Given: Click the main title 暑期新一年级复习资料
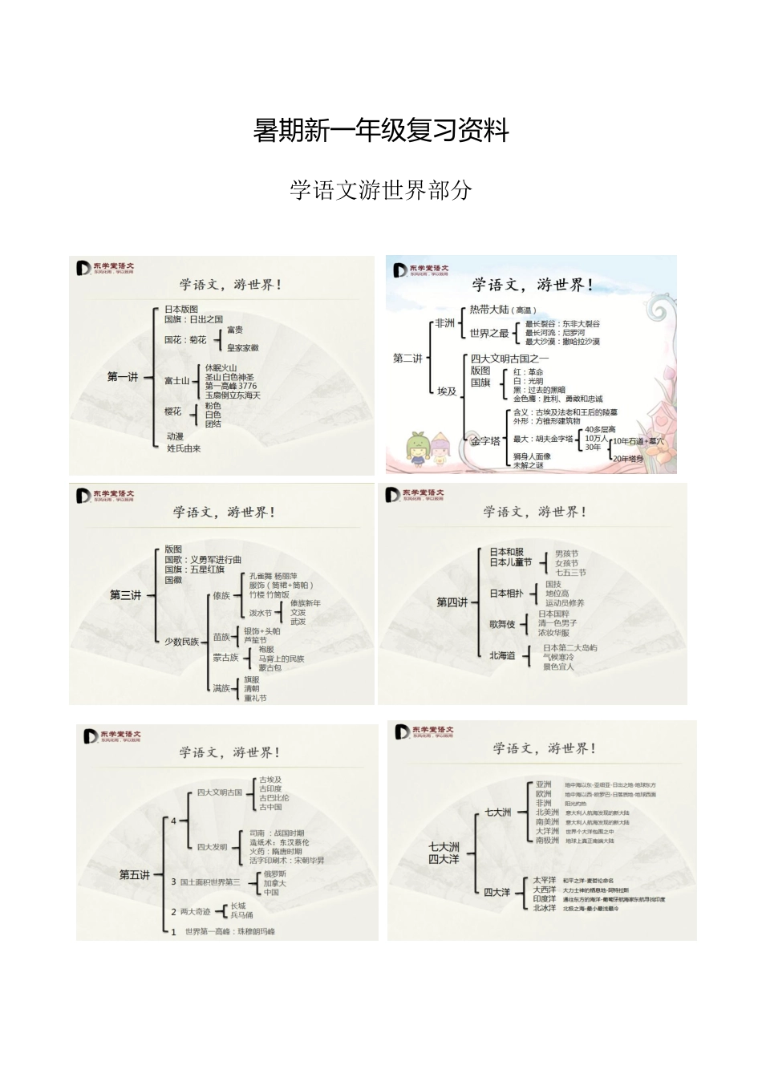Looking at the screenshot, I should (381, 130).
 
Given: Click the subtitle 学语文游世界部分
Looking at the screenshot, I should (381, 190).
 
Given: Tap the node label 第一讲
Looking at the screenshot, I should (123, 376).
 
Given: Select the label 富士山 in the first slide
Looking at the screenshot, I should (176, 381).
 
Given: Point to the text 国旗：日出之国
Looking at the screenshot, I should (193, 319).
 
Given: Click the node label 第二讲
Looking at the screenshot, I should (407, 359).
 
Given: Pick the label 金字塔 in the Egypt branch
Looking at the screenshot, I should (485, 440).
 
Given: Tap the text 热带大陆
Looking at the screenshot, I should (489, 310).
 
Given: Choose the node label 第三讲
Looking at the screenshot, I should (125, 595).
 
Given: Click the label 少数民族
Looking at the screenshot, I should (182, 642).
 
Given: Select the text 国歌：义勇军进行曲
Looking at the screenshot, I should (203, 560).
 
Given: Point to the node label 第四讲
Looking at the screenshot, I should (452, 602).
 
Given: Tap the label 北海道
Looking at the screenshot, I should (502, 655).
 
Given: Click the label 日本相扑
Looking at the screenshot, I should (506, 594).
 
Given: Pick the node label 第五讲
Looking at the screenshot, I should (134, 875).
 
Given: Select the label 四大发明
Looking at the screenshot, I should (213, 847).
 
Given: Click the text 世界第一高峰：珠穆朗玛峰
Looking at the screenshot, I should (229, 932).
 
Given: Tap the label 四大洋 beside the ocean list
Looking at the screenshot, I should (497, 892).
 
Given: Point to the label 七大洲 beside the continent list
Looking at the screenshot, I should (497, 813).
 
